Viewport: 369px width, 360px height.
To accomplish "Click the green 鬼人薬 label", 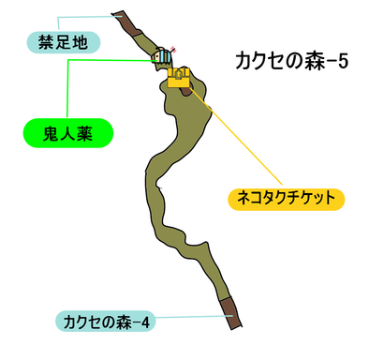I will coord(67,134).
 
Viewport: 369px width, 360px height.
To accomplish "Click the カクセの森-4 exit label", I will coord(106,322).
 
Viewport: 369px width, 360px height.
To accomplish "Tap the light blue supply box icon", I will coord(164,57).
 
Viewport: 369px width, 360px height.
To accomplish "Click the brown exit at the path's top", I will coord(120,19).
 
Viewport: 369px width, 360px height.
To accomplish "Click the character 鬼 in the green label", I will coord(46,134).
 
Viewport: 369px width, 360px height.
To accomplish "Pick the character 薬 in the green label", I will coord(89,134).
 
